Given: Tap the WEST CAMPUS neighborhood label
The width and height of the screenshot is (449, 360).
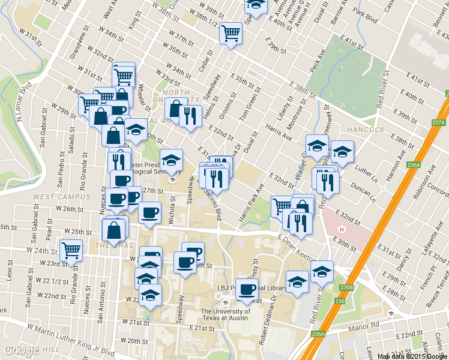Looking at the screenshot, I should tap(58, 197).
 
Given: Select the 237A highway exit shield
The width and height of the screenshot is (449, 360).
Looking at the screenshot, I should tap(438, 123).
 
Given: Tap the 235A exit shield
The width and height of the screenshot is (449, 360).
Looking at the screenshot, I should tap(318, 334).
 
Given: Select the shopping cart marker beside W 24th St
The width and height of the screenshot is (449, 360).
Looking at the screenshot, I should tap(71, 250).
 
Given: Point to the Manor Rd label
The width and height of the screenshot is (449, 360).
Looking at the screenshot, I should tap(367, 325).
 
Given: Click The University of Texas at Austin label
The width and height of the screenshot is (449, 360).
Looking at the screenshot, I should tap(225, 315).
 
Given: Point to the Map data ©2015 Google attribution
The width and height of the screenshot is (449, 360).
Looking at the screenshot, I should tap(412, 356).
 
